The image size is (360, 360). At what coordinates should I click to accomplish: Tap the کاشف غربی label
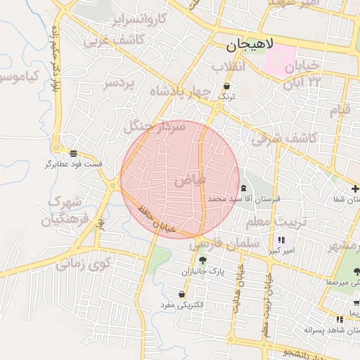tap(114, 41)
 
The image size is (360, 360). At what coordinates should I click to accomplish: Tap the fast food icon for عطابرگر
tap(74, 153)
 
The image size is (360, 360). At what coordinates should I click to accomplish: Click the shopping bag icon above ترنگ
tap(226, 86)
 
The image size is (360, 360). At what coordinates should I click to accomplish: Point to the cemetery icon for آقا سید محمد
tap(243, 188)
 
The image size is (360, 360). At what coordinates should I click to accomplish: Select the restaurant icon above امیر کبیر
tap(283, 239)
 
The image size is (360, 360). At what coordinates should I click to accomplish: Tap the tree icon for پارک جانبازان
tap(202, 261)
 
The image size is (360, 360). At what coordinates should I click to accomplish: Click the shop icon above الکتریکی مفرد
tap(182, 293)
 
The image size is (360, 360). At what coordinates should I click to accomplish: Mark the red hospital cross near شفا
tap(356, 188)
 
